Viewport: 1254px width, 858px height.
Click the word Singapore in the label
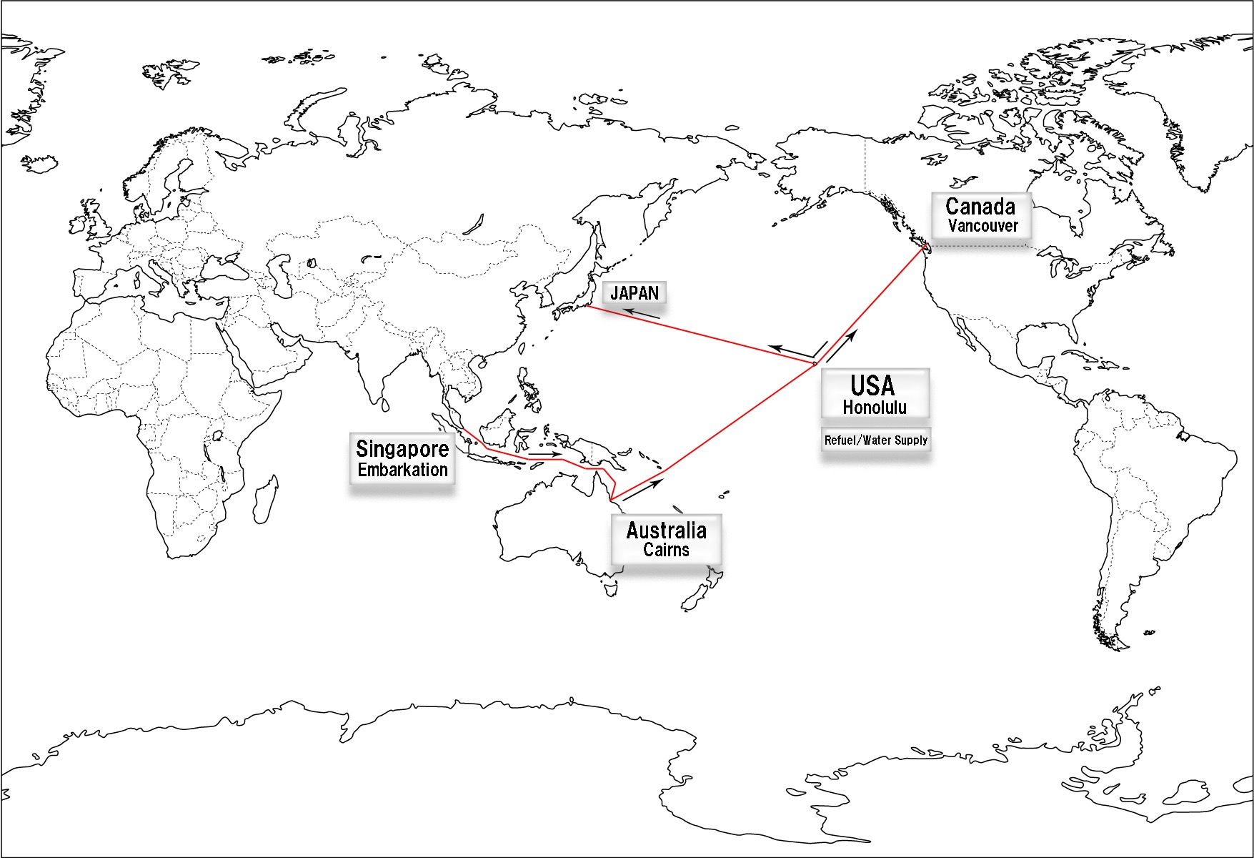point(402,449)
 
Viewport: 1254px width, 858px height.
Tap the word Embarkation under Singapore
point(402,470)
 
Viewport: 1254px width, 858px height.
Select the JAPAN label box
point(635,292)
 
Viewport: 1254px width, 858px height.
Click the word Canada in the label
point(980,207)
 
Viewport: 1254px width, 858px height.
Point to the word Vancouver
point(982,226)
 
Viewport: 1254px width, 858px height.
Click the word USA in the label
point(872,386)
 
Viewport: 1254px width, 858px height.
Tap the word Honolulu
point(875,408)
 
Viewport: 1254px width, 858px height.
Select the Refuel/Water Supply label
point(876,440)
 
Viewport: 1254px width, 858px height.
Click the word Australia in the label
point(666,531)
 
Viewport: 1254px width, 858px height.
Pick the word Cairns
point(666,550)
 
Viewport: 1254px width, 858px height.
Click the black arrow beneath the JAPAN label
point(641,313)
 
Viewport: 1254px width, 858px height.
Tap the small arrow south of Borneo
point(545,454)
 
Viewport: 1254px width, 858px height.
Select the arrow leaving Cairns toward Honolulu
point(643,489)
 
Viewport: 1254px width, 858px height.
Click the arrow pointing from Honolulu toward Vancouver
point(841,346)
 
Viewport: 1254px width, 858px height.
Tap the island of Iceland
point(40,163)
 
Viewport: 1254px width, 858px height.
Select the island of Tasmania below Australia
point(610,588)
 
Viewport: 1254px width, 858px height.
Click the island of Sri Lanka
point(385,405)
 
